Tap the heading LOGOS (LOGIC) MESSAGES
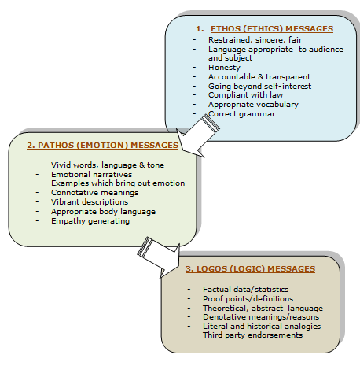coord(250,269)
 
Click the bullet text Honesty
coord(224,67)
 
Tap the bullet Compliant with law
coord(243,94)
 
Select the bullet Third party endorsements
coord(245,335)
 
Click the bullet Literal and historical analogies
coord(256,326)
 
